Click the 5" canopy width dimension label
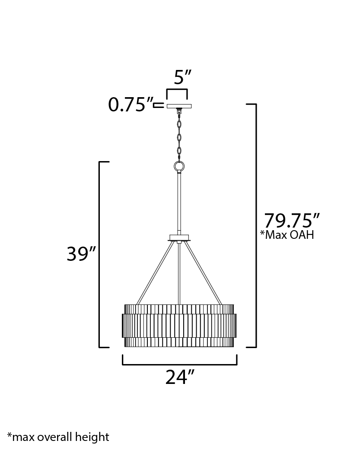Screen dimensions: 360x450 point(182,77)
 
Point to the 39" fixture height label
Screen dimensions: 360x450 point(81,254)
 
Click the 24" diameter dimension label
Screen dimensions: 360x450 point(180,377)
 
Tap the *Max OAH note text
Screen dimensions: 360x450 point(287,235)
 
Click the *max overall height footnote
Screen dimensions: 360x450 point(58,437)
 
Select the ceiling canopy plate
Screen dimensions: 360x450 point(179,106)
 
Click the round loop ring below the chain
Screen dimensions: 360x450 point(179,166)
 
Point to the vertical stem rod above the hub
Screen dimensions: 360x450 point(179,204)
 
